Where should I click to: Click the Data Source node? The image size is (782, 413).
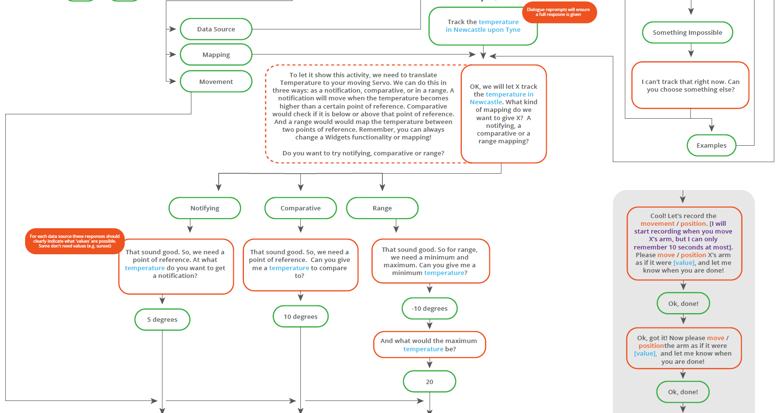pyautogui.click(x=216, y=29)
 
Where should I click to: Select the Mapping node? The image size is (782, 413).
pyautogui.click(x=216, y=55)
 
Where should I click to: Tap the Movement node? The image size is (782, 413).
pyautogui.click(x=216, y=82)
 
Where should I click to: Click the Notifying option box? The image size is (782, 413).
pyautogui.click(x=204, y=208)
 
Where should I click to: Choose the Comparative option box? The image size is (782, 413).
pyautogui.click(x=300, y=208)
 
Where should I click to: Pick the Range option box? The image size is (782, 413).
pyautogui.click(x=382, y=208)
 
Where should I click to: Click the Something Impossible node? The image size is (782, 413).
pyautogui.click(x=688, y=32)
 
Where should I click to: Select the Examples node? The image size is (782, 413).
pyautogui.click(x=712, y=145)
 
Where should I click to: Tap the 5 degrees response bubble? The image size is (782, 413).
pyautogui.click(x=162, y=319)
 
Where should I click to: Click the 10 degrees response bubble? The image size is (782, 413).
pyautogui.click(x=300, y=317)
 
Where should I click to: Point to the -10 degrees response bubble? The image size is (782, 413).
pyautogui.click(x=430, y=308)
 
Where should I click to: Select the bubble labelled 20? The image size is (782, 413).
pyautogui.click(x=430, y=382)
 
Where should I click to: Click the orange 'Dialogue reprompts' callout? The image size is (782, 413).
pyautogui.click(x=559, y=12)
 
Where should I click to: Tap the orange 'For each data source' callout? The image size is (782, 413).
pyautogui.click(x=75, y=241)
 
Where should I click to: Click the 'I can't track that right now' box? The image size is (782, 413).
pyautogui.click(x=690, y=85)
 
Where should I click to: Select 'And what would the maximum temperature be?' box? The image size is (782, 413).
pyautogui.click(x=430, y=344)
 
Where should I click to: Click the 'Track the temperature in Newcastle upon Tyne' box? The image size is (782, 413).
pyautogui.click(x=483, y=26)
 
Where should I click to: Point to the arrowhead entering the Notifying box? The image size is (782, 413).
pyautogui.click(x=218, y=187)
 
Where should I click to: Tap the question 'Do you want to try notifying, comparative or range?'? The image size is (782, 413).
pyautogui.click(x=363, y=153)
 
